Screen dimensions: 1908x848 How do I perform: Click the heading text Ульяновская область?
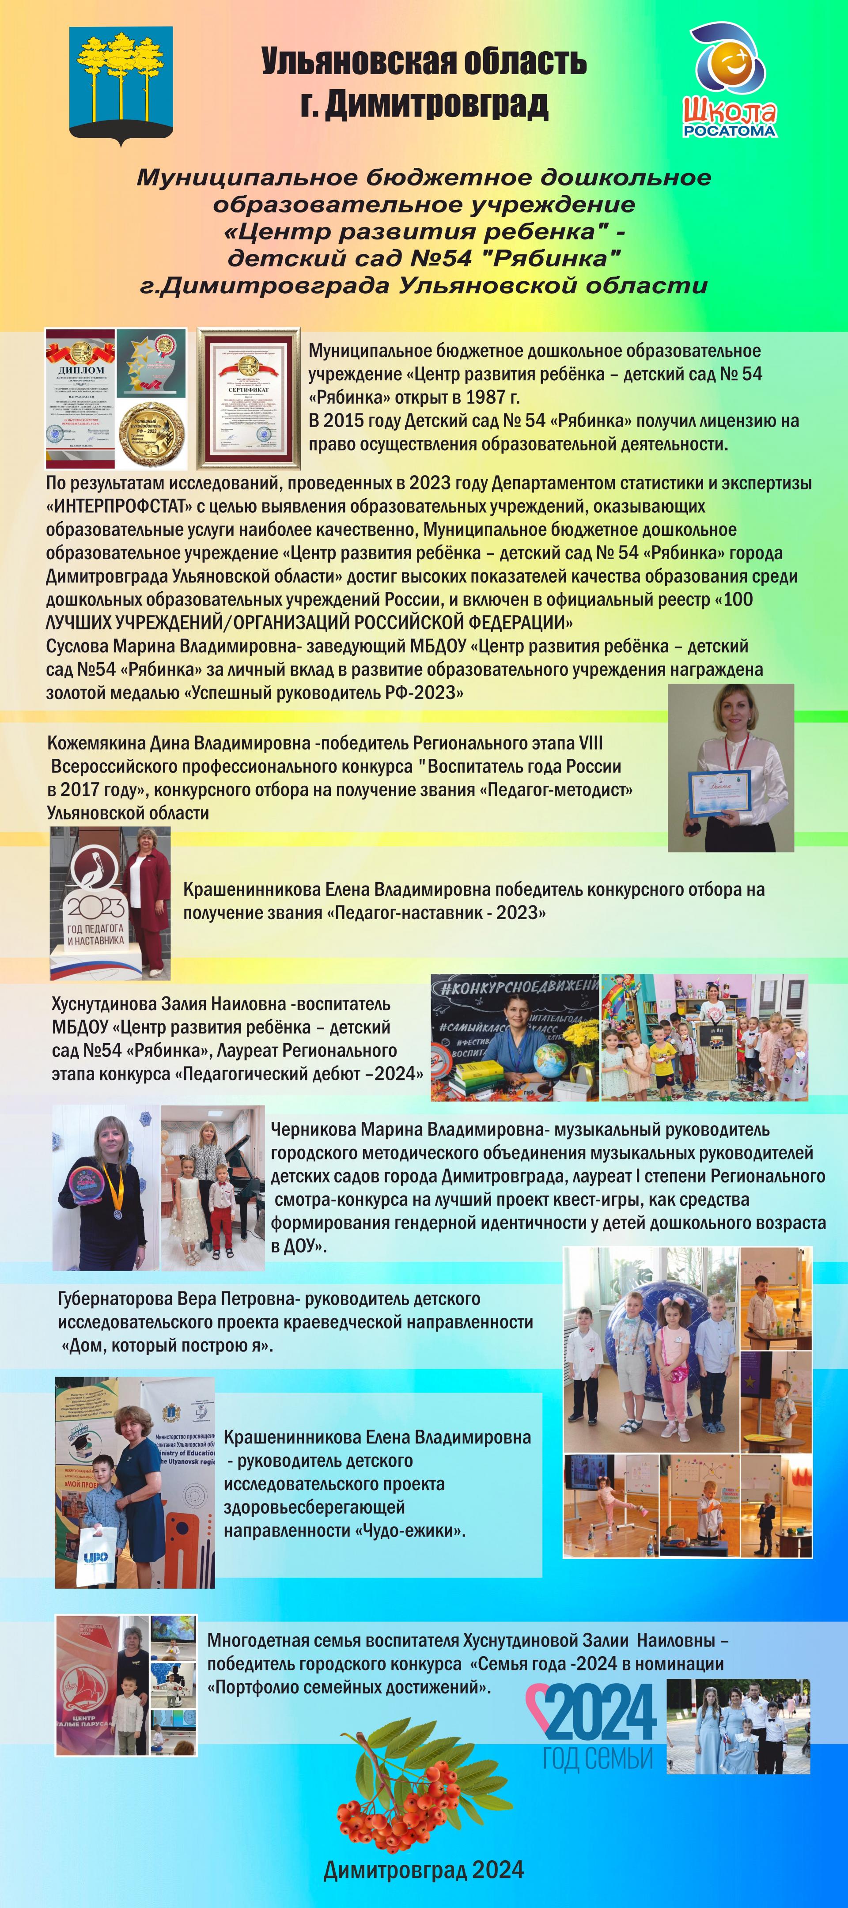[x=424, y=62]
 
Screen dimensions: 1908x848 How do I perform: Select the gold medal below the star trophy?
[x=152, y=433]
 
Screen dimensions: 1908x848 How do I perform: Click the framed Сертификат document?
[x=249, y=399]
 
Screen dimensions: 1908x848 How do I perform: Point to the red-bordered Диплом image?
[x=81, y=399]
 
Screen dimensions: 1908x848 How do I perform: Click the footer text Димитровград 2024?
[x=424, y=1870]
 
